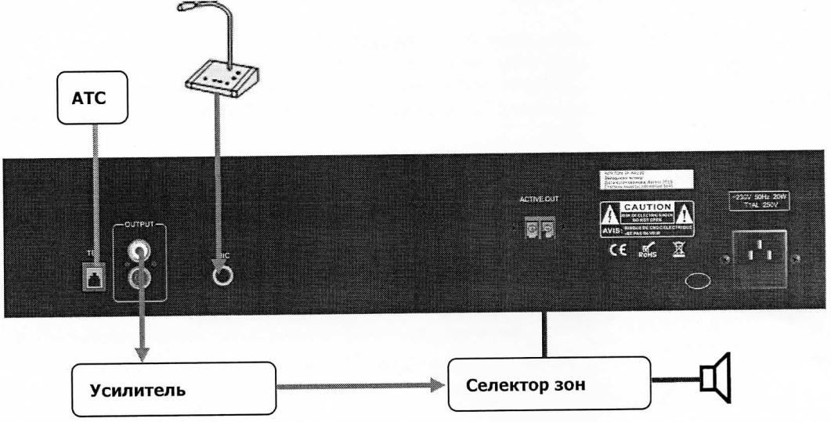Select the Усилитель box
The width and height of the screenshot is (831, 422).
pyautogui.click(x=175, y=388)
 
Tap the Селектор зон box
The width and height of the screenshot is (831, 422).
pyautogui.click(x=548, y=384)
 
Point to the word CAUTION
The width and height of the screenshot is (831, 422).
pyautogui.click(x=648, y=205)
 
